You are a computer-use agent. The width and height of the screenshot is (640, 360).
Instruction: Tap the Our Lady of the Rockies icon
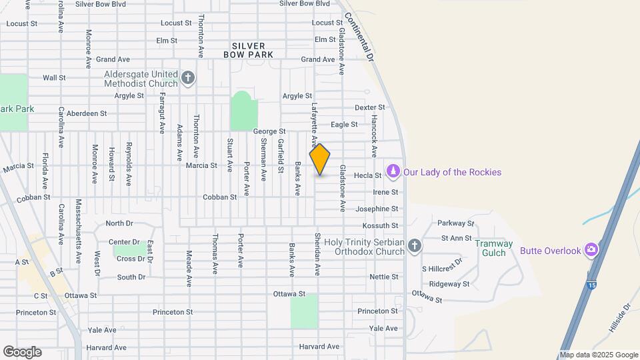coord(393,172)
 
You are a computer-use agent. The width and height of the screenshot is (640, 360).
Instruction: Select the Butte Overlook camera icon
coord(590,250)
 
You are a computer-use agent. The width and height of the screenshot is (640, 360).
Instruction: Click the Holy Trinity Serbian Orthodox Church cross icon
coord(415,246)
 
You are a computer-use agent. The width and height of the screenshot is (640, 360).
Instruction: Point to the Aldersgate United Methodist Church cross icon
coord(188,79)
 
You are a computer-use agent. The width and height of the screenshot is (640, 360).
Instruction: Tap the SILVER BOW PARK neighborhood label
coord(249,51)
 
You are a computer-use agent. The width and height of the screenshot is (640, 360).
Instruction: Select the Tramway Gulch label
coord(494,248)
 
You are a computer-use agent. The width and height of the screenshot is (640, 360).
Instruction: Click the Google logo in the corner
coord(22,351)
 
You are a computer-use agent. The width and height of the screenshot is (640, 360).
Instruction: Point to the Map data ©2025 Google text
coord(599,355)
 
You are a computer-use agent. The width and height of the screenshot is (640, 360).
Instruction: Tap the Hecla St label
coord(367,175)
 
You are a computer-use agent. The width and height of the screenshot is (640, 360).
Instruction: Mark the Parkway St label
coord(456,223)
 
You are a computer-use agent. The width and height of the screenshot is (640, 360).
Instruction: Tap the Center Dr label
coord(124,242)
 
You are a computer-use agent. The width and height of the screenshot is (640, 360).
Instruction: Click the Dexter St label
coord(370,107)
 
